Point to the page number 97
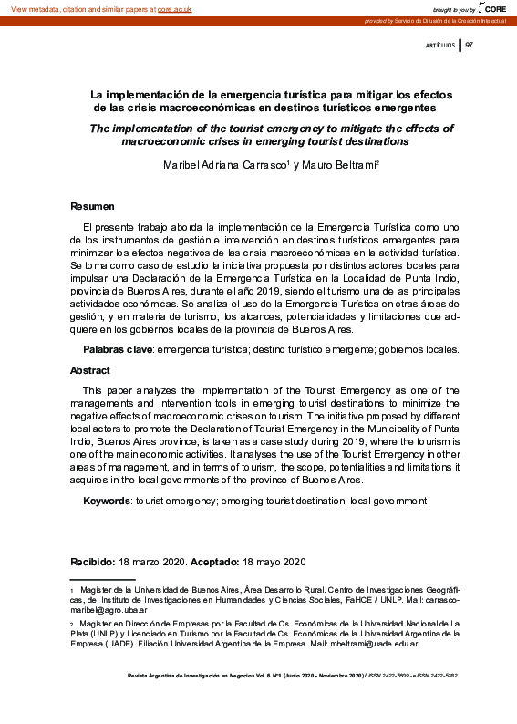tap(470, 44)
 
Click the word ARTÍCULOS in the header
tap(440, 45)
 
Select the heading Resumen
tap(93, 206)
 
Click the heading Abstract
tap(90, 371)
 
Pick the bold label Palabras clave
tap(118, 349)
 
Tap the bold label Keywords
tap(108, 502)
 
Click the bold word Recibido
tap(93, 561)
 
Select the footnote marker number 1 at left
tap(72, 592)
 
